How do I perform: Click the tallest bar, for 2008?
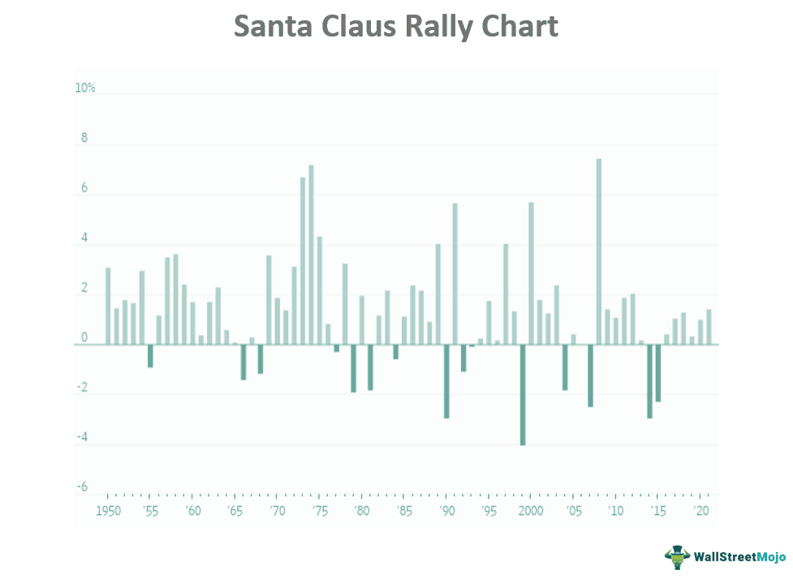pyautogui.click(x=598, y=252)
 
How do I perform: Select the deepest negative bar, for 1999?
pyautogui.click(x=523, y=395)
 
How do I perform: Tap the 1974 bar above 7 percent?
pyautogui.click(x=311, y=255)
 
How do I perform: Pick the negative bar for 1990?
pyautogui.click(x=446, y=381)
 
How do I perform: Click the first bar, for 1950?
pyautogui.click(x=108, y=306)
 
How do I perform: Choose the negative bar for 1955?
pyautogui.click(x=150, y=356)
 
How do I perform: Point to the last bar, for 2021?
pyautogui.click(x=709, y=327)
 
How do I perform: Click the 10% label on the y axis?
pyautogui.click(x=85, y=88)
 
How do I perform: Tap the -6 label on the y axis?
pyautogui.click(x=82, y=487)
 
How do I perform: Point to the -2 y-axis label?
pyautogui.click(x=82, y=387)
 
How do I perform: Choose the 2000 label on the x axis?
pyautogui.click(x=530, y=511)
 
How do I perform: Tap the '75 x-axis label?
pyautogui.click(x=320, y=511)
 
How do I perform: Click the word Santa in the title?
pyautogui.click(x=275, y=26)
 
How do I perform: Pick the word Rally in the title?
pyautogui.click(x=439, y=26)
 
